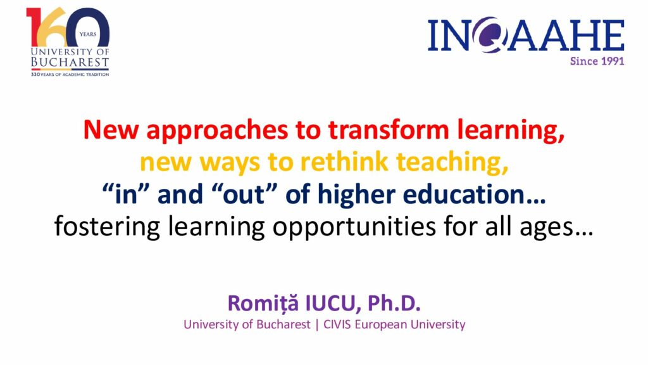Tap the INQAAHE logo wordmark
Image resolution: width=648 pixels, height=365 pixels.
(526, 35)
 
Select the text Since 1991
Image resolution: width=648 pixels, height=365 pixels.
(597, 61)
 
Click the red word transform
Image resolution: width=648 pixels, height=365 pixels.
(389, 129)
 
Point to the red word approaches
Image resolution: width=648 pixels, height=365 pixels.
(217, 131)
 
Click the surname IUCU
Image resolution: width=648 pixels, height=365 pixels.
(329, 304)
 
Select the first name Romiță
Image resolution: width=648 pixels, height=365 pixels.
(263, 304)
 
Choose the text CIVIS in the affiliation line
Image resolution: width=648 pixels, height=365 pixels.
(337, 324)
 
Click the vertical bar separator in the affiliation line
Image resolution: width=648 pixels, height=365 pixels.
(317, 325)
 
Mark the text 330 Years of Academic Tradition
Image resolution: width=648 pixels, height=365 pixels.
(70, 75)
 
